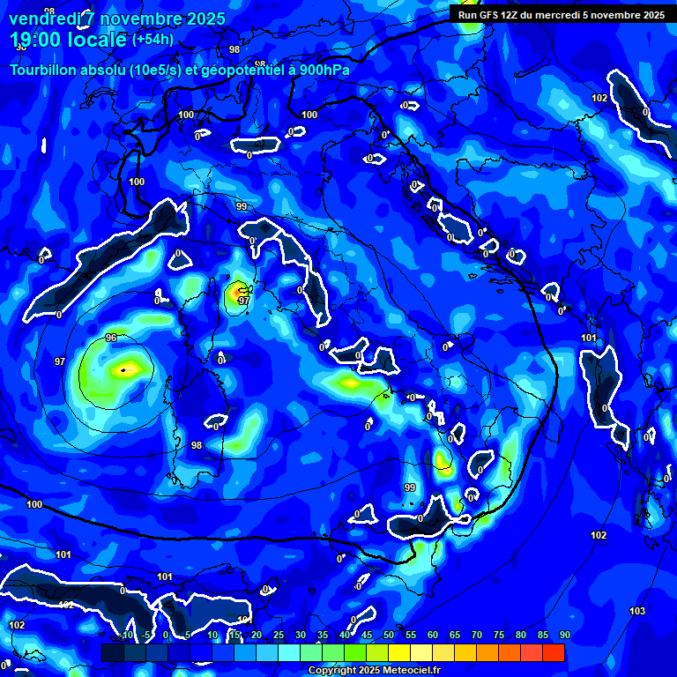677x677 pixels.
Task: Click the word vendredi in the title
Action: point(41,19)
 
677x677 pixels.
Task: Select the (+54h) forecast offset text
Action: point(153,40)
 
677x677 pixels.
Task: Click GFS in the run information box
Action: point(489,15)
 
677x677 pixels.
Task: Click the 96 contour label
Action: point(111,338)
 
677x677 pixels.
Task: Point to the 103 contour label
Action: point(637,611)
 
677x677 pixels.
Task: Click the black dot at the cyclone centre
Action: point(124,370)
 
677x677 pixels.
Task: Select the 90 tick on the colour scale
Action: point(564,635)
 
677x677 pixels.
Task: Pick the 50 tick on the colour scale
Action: point(389,635)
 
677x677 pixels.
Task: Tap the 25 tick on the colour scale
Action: point(279,635)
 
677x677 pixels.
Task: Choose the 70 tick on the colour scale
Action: point(477,635)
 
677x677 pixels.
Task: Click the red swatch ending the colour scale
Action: point(554,652)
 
